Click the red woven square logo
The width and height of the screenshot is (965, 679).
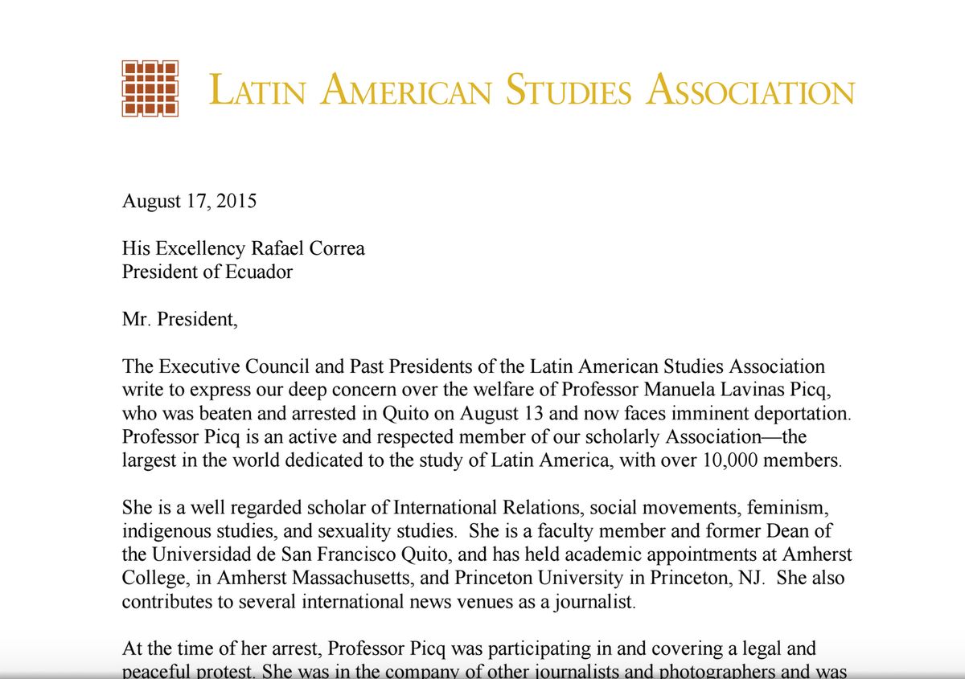point(150,88)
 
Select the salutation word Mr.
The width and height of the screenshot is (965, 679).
point(136,319)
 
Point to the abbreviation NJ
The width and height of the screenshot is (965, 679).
point(734,579)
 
